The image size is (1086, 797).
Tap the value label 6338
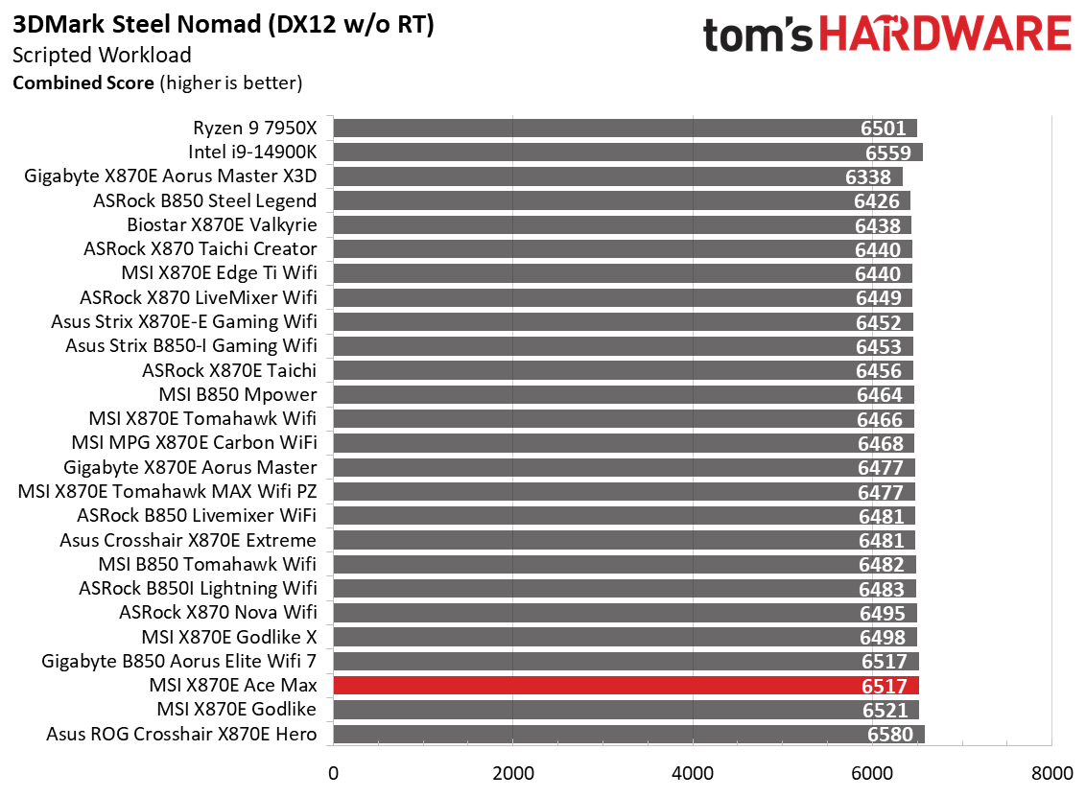(x=869, y=176)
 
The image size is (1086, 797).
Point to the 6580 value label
(x=891, y=734)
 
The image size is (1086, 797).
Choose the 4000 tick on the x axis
(x=692, y=773)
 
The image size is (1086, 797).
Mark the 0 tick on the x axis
(x=333, y=773)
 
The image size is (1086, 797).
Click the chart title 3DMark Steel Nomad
(x=224, y=26)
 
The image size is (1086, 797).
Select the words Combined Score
(x=83, y=82)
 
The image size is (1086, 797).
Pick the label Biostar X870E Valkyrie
(x=222, y=224)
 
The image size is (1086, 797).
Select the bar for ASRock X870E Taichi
(x=623, y=370)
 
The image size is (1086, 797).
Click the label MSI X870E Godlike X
(x=228, y=636)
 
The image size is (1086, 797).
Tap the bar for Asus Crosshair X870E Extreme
(x=624, y=540)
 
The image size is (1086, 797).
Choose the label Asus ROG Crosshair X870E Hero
(x=181, y=734)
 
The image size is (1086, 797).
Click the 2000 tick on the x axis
(x=512, y=773)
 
